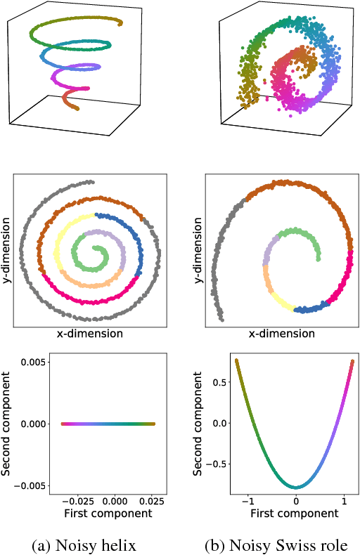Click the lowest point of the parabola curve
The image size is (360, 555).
[x=296, y=487]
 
